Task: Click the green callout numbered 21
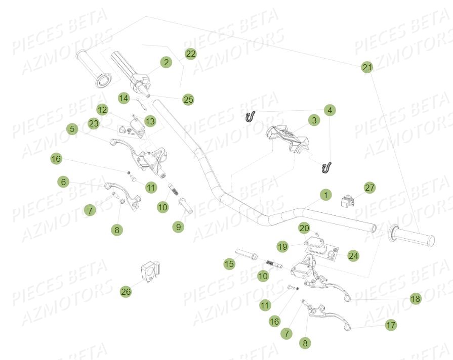(x=367, y=67)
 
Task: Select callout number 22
(x=190, y=53)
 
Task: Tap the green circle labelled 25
(x=188, y=100)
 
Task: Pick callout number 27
(x=370, y=188)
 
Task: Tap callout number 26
(x=126, y=291)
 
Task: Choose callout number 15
(x=229, y=263)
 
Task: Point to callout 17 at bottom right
(x=391, y=325)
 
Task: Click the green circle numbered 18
(x=415, y=299)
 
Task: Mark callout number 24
(x=353, y=256)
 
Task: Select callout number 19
(x=282, y=246)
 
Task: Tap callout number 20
(x=304, y=228)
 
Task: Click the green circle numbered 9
(x=178, y=227)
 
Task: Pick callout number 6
(x=63, y=182)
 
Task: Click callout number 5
(x=72, y=129)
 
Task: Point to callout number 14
(x=124, y=98)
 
